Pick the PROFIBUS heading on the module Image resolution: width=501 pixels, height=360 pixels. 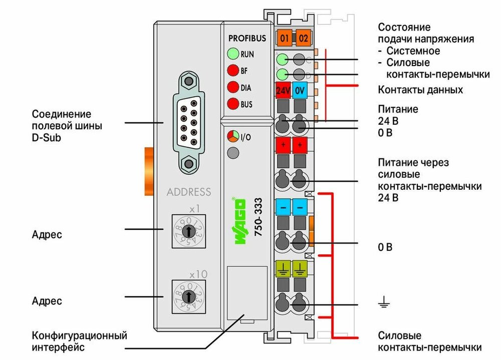247,38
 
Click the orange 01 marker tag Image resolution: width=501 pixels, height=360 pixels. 284,38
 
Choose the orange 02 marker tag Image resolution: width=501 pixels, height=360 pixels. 303,38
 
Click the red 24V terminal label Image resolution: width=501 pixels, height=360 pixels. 284,91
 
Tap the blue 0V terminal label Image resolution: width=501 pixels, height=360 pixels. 300,91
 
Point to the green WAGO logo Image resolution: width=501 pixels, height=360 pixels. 240,221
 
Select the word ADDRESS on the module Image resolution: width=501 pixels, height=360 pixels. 189,192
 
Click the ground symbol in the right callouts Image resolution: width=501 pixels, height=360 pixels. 383,301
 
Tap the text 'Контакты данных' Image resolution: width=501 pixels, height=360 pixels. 420,90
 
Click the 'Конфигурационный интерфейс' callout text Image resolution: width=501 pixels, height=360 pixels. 79,340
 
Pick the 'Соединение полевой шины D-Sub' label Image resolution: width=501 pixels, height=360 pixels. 67,125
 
